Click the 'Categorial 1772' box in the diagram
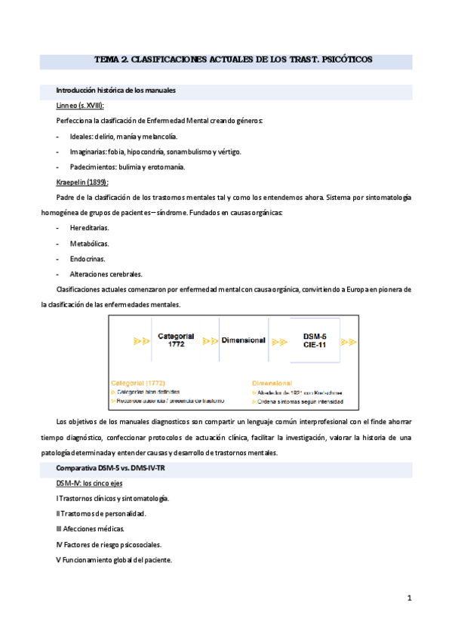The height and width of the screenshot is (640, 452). pos(177,340)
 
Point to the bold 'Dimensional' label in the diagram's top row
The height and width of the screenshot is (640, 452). pos(243,340)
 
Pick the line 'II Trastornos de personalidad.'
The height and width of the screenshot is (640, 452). pos(101,514)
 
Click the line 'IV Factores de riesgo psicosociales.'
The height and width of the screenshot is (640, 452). pos(109,544)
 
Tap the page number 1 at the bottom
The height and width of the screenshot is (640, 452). pos(409,598)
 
